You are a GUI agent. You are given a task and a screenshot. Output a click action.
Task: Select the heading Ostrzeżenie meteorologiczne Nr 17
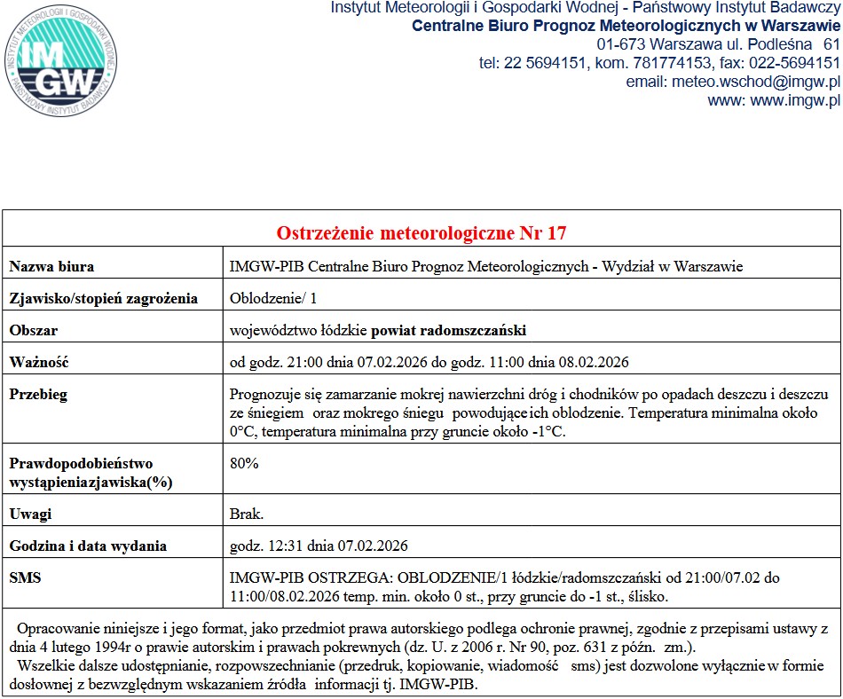(x=421, y=233)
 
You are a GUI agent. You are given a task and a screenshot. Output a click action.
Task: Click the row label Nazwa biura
(x=51, y=266)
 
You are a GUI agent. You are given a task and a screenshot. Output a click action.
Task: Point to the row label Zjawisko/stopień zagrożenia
(x=103, y=298)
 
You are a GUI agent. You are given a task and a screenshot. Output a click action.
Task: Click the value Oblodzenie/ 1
(x=266, y=298)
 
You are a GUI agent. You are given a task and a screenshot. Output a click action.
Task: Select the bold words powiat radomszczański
(x=448, y=330)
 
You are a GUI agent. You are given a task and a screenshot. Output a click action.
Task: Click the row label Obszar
(x=34, y=330)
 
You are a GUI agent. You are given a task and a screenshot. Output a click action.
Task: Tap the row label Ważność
(x=39, y=362)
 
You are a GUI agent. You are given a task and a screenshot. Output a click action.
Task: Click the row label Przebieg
(x=38, y=394)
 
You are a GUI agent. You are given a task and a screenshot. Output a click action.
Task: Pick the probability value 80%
(x=244, y=463)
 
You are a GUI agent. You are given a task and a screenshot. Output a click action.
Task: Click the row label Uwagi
(x=30, y=514)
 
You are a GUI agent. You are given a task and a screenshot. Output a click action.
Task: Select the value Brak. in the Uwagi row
(x=247, y=514)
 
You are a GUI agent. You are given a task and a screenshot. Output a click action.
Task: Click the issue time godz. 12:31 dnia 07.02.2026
(x=319, y=546)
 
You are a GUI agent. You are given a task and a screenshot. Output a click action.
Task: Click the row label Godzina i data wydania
(x=88, y=546)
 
